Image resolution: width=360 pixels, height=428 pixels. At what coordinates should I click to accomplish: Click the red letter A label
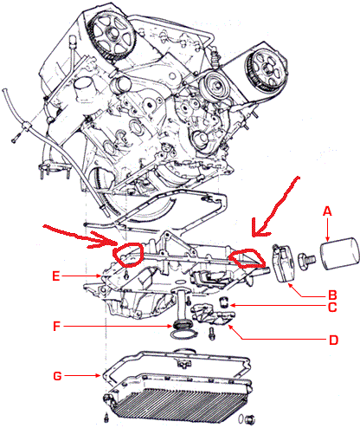(x=326, y=210)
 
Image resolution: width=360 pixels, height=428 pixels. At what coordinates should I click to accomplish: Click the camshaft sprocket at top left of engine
(x=110, y=33)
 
